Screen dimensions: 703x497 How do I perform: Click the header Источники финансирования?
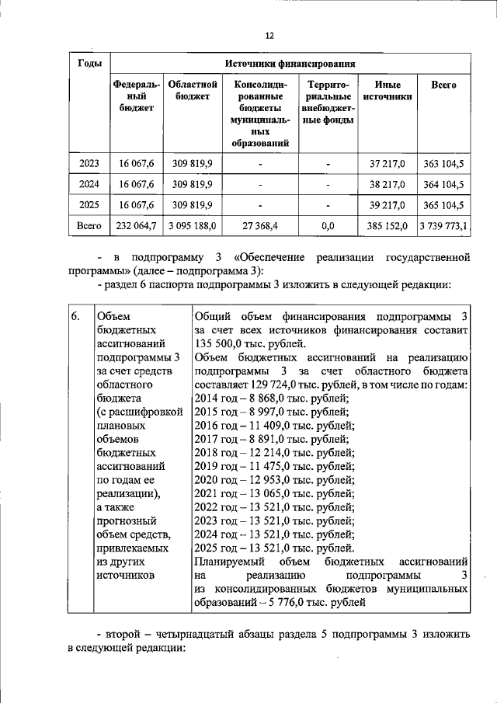click(290, 63)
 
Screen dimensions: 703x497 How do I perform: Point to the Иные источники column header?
click(387, 89)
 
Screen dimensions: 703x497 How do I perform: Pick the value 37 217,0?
click(387, 164)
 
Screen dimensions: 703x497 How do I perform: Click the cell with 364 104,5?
click(443, 185)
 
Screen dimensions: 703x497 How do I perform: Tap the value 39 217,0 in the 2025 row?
click(387, 205)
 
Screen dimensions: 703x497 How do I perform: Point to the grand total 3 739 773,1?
click(443, 226)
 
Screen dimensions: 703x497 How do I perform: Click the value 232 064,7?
click(137, 226)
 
